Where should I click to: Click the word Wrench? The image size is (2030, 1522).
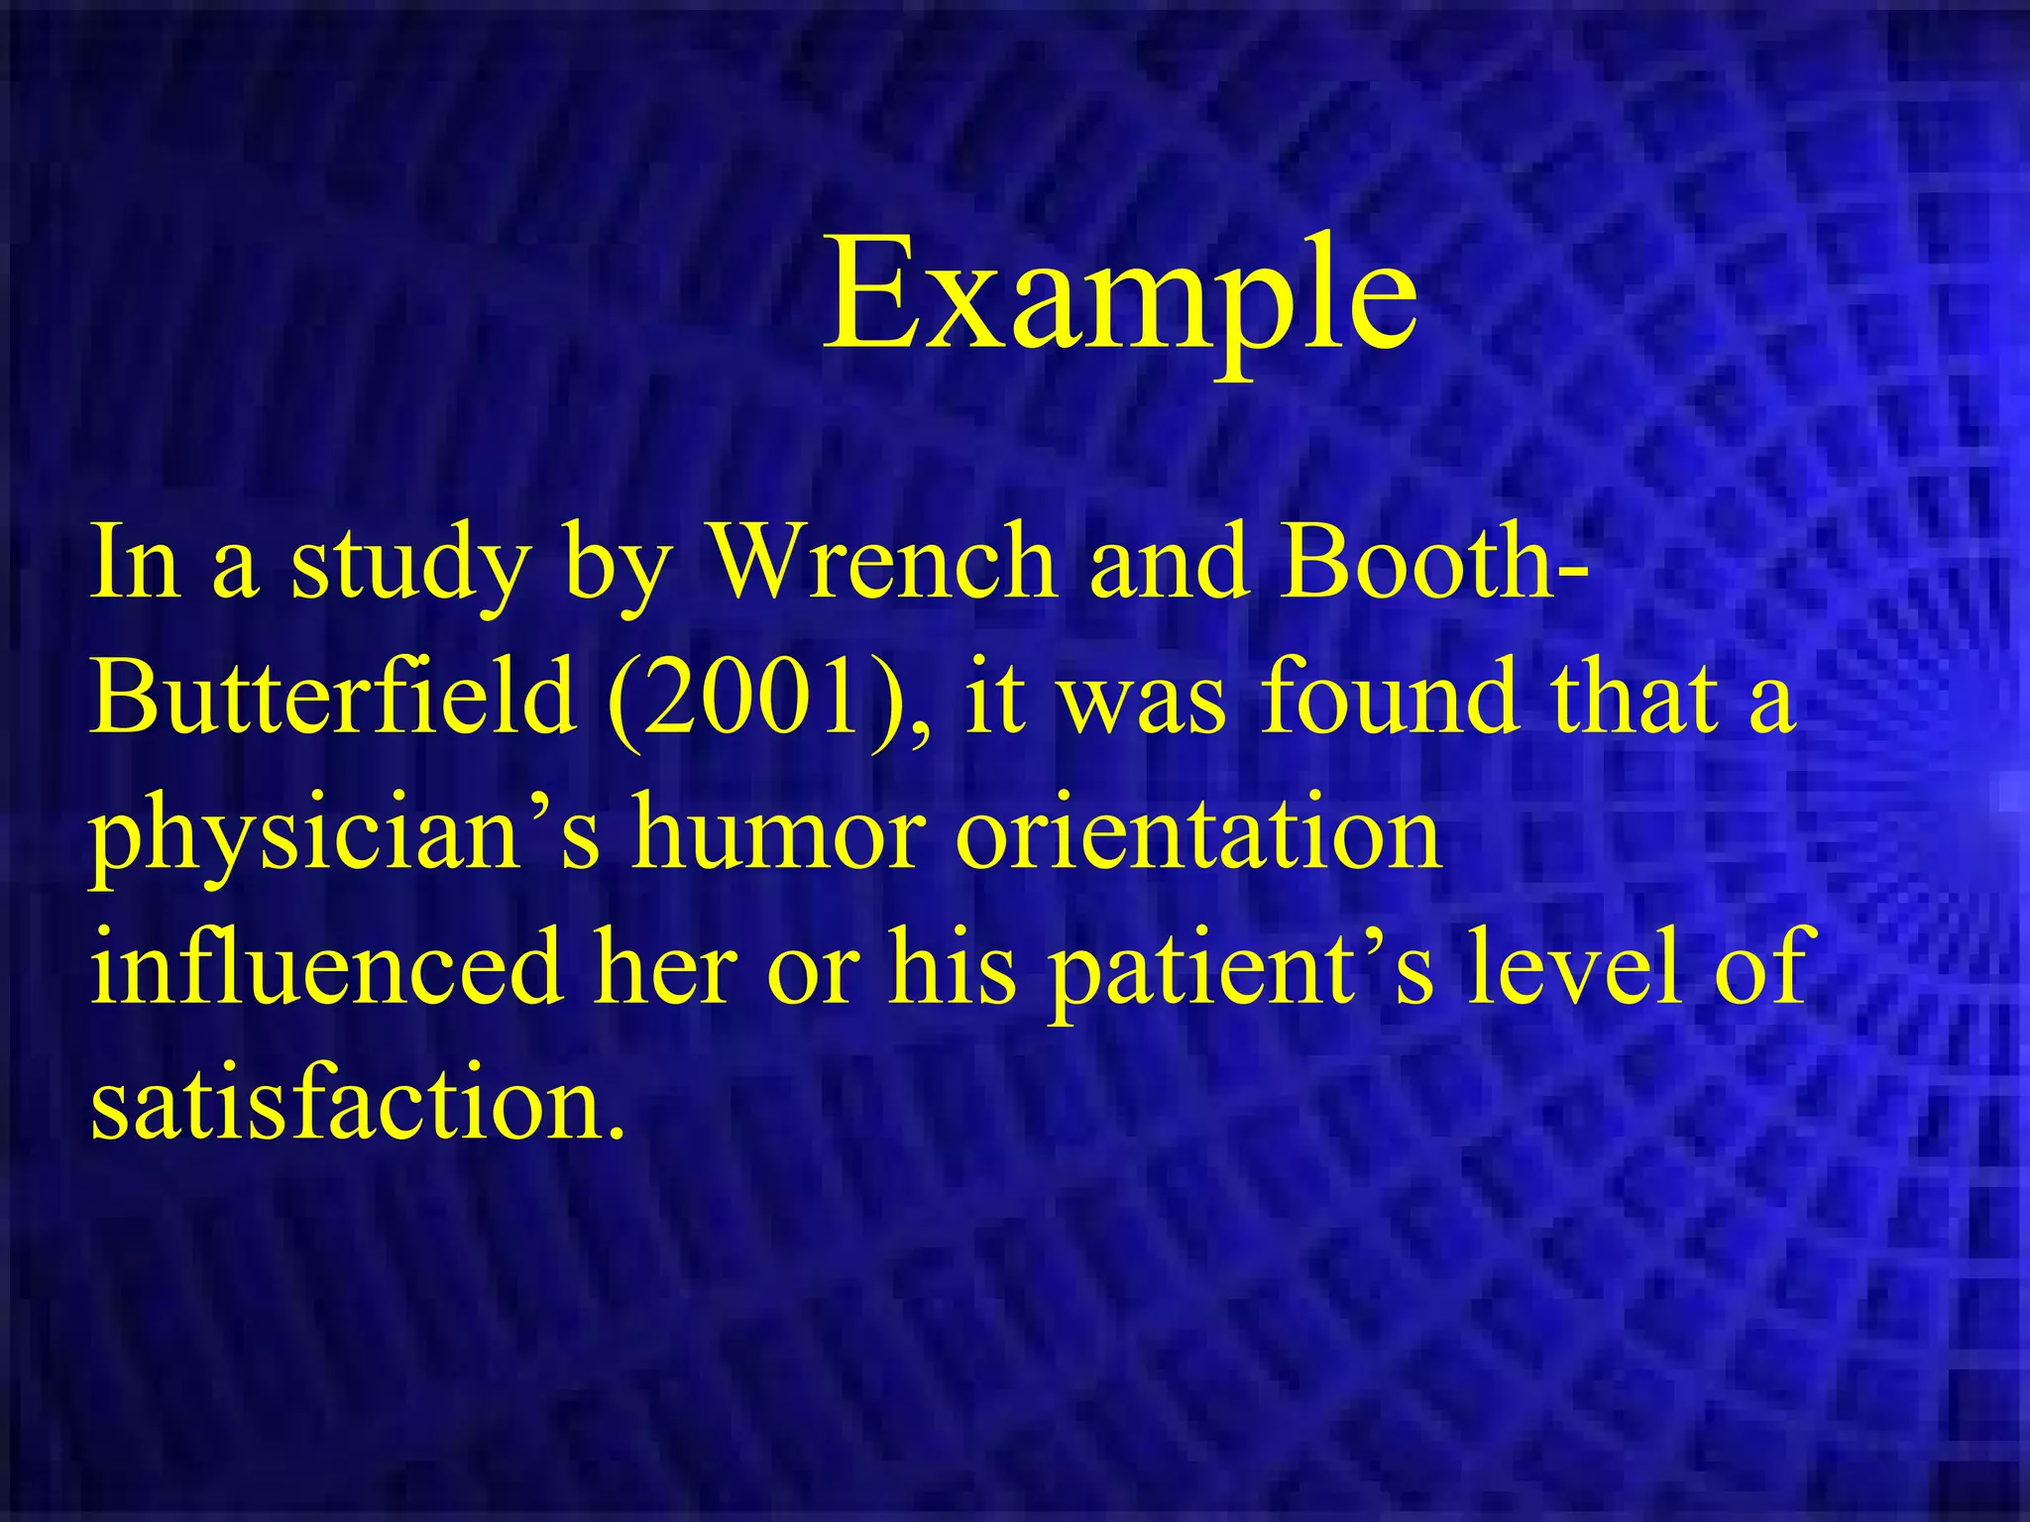(885, 563)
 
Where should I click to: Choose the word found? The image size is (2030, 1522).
(1391, 699)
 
